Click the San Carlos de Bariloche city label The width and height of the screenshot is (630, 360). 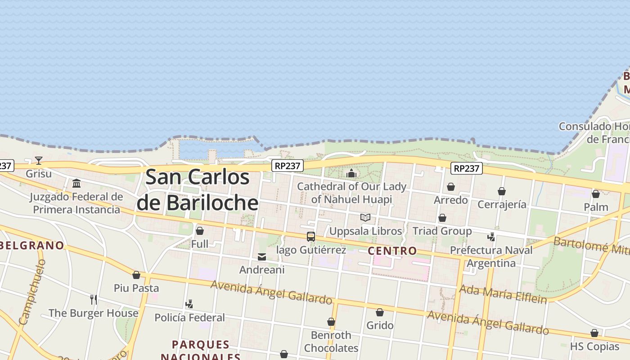[x=198, y=189]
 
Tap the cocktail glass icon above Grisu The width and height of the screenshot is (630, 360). [x=39, y=161]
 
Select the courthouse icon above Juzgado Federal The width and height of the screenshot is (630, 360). [x=76, y=184]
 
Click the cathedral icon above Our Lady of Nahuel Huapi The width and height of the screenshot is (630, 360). [x=351, y=173]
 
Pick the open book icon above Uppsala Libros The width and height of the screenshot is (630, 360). [x=365, y=218]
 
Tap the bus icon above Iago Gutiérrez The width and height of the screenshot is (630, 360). [x=311, y=237]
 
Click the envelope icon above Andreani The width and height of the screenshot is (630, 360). [x=262, y=257]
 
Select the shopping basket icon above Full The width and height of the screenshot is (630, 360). [x=200, y=231]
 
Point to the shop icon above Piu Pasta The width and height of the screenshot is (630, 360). [x=136, y=275]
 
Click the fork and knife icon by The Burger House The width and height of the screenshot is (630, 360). [x=94, y=300]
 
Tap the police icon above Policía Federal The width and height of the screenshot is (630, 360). [x=189, y=304]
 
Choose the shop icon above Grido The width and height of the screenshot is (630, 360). [x=380, y=312]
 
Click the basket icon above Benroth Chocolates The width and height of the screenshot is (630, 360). [x=331, y=322]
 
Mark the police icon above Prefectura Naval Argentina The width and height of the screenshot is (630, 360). [x=491, y=237]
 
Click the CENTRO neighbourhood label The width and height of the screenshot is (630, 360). [x=392, y=251]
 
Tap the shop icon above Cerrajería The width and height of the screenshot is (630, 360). [x=502, y=192]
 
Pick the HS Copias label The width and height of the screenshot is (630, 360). [x=594, y=346]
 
